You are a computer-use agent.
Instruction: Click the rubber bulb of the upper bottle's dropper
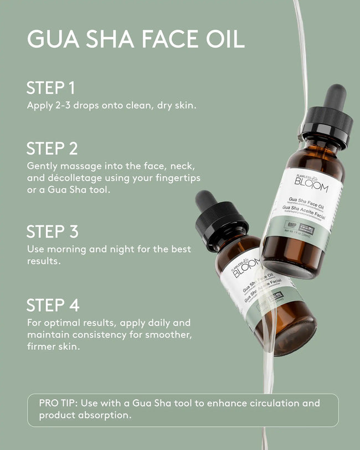336,97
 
